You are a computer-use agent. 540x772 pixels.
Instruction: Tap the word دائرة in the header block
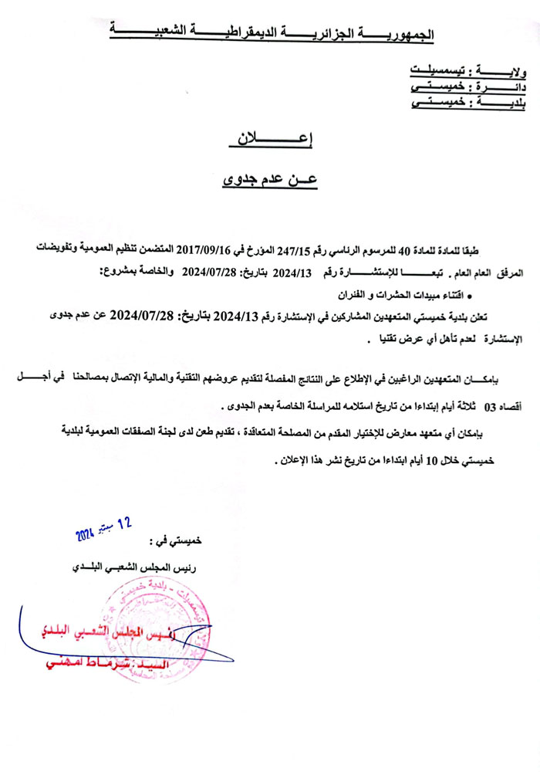(x=505, y=87)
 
